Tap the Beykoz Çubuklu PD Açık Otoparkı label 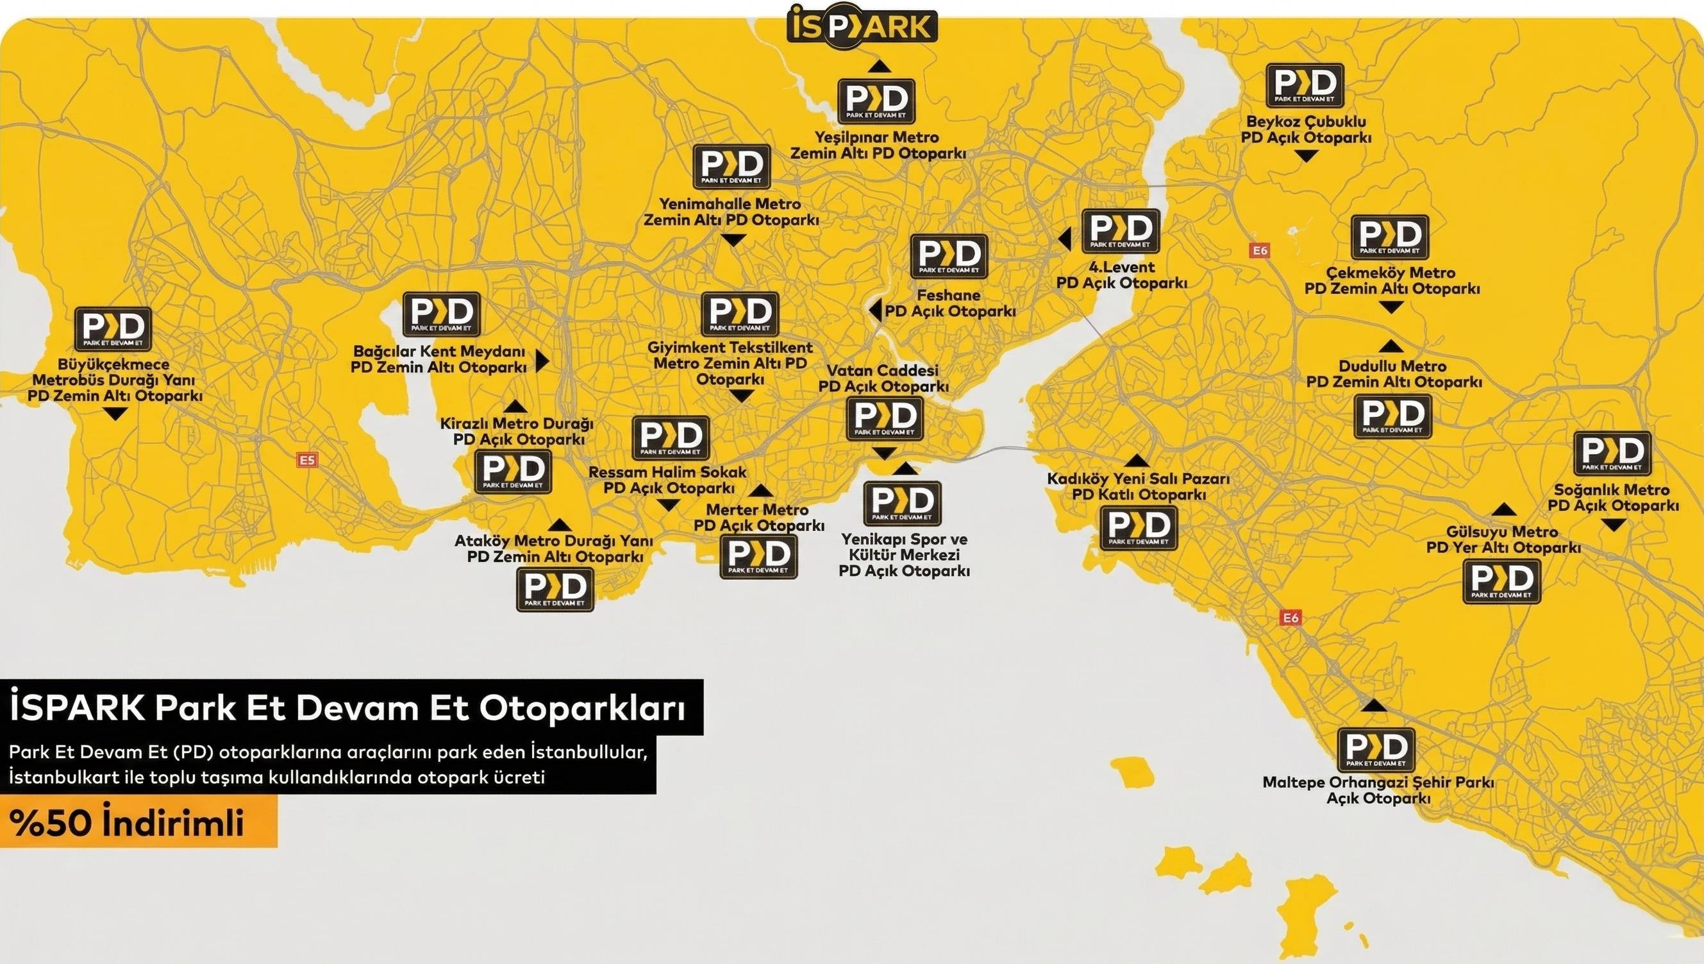[x=1306, y=130]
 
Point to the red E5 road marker [x=307, y=459]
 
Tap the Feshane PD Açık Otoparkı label [x=949, y=303]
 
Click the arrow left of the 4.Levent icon [x=1065, y=239]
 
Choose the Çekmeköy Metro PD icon [x=1390, y=237]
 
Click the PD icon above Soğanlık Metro [x=1612, y=453]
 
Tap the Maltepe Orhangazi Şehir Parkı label [x=1378, y=790]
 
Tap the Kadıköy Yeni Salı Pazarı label [x=1138, y=486]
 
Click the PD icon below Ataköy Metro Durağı [x=555, y=589]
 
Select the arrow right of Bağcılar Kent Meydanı [x=542, y=361]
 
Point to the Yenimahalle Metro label [x=731, y=212]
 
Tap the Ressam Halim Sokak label [x=669, y=480]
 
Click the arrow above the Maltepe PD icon [x=1375, y=705]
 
